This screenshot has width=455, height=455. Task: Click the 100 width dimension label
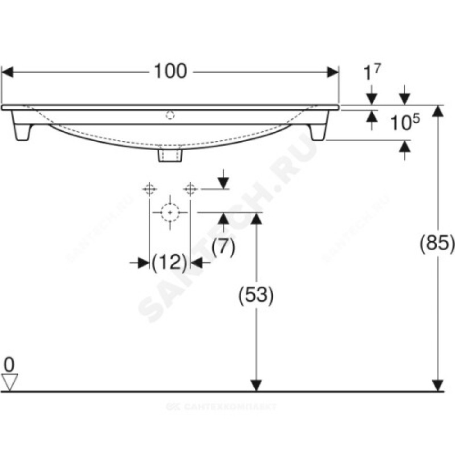pos(170,72)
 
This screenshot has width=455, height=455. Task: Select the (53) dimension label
pos(256,295)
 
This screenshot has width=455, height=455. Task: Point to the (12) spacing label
pos(169,263)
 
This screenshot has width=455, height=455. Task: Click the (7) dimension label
pos(223,247)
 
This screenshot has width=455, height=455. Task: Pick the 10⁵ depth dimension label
pos(405,122)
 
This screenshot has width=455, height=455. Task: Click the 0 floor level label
pos(9,365)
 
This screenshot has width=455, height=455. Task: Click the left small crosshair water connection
pos(150,189)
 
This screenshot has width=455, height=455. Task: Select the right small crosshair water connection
pos(191,189)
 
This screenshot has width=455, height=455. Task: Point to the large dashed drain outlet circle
pos(170,212)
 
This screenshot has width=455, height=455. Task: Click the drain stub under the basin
pos(170,154)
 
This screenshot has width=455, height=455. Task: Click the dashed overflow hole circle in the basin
pos(170,115)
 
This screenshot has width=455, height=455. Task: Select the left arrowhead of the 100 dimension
pos(7,72)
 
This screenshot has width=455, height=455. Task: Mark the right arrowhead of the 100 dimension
pos(333,72)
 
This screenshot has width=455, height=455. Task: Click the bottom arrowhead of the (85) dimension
pos(438,386)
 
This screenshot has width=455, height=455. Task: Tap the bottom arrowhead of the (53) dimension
pos(256,386)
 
